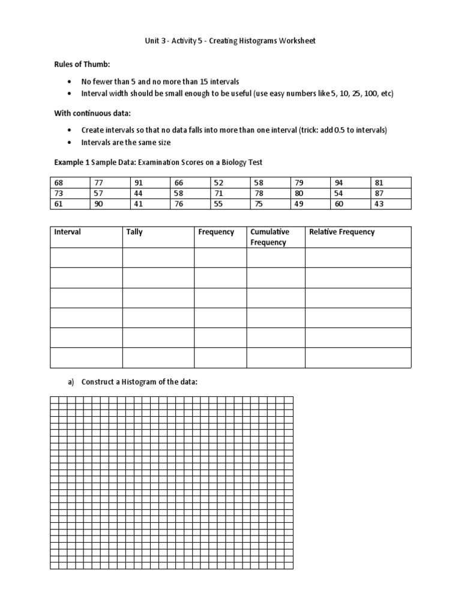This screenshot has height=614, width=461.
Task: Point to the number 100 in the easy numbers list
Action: tap(362, 94)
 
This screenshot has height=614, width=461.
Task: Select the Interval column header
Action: tap(67, 232)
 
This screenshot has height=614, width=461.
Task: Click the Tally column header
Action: tap(134, 232)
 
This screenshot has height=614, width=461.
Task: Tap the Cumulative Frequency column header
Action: tap(270, 237)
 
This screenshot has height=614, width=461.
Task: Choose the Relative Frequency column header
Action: tap(341, 232)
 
